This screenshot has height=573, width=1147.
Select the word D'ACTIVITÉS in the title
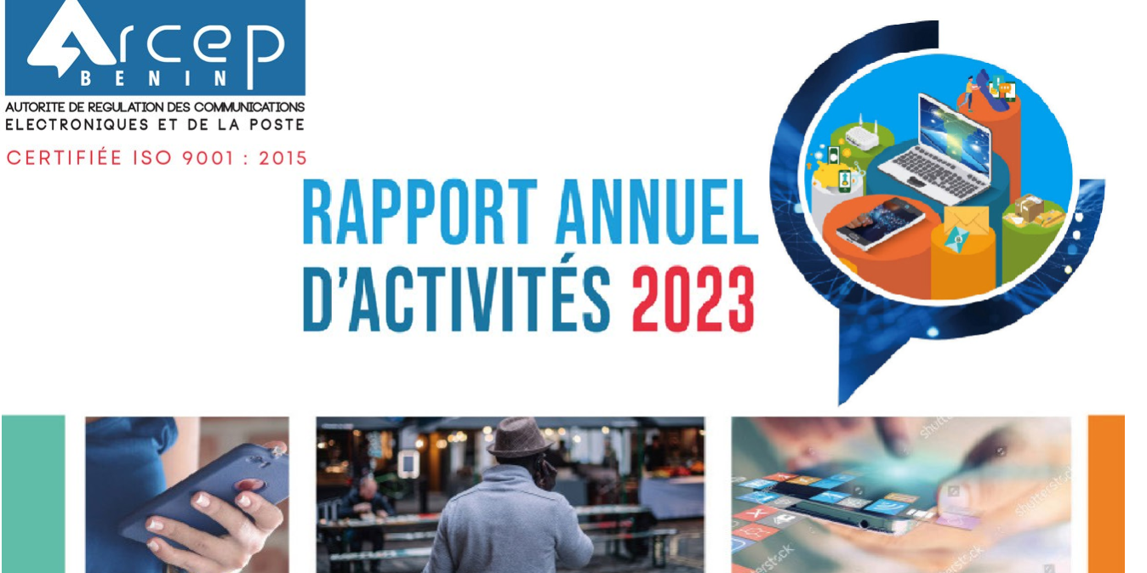tap(457, 301)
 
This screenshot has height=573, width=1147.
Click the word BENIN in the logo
tap(154, 80)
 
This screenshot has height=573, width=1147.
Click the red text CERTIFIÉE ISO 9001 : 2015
tap(157, 158)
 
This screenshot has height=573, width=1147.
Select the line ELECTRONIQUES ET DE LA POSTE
tap(155, 124)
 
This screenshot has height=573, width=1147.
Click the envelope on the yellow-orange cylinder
tap(965, 228)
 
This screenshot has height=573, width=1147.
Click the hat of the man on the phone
tap(520, 437)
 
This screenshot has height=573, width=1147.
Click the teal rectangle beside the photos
tap(33, 493)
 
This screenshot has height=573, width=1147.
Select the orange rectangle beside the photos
tap(1106, 493)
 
